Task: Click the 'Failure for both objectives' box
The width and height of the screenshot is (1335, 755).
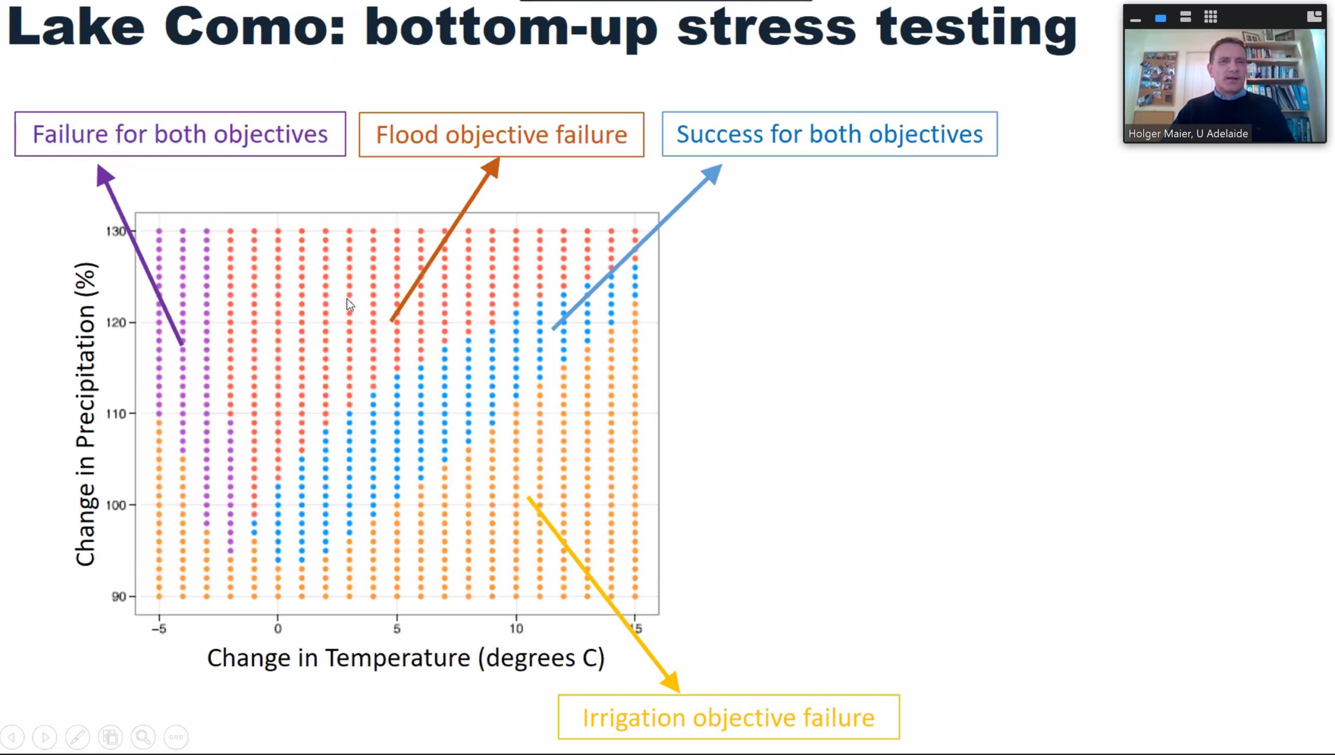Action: [180, 134]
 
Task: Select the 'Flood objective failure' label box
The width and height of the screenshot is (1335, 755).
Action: [501, 135]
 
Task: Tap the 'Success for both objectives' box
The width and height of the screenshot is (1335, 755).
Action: [829, 134]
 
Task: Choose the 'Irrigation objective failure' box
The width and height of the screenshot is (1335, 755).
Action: [729, 717]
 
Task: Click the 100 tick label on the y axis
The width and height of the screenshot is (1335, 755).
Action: [116, 505]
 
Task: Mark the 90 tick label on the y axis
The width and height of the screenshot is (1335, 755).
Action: [119, 596]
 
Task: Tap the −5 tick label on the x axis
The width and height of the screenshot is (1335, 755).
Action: [159, 629]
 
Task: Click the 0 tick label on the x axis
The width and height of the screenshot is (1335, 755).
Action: [278, 629]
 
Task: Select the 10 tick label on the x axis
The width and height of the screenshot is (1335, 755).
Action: [516, 629]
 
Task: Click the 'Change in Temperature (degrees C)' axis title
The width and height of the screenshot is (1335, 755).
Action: [406, 658]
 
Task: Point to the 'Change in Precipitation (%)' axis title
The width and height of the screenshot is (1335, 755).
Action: [86, 414]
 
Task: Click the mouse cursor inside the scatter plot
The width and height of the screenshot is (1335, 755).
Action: [350, 305]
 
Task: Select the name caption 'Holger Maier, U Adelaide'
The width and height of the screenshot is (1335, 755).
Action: [1188, 133]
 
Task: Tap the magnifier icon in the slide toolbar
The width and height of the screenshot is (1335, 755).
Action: [143, 737]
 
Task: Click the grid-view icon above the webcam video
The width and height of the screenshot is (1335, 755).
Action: [1210, 17]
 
